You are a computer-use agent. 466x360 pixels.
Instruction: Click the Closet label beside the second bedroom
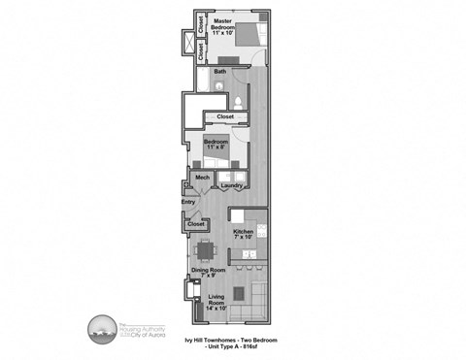[x=225, y=117]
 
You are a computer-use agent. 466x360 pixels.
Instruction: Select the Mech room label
[x=203, y=179]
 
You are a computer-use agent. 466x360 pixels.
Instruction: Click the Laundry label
[x=231, y=185]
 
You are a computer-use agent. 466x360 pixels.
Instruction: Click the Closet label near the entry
[x=195, y=225]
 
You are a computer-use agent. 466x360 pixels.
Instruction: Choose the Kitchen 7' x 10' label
[x=244, y=233]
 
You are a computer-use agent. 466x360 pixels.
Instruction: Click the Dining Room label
[x=208, y=273]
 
